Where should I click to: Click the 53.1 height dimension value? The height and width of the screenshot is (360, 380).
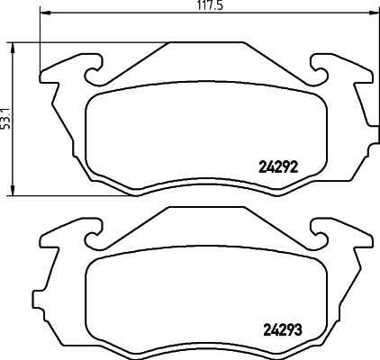[x=5, y=119]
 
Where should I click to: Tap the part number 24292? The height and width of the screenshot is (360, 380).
[x=278, y=167]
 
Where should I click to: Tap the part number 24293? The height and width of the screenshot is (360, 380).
[x=283, y=330]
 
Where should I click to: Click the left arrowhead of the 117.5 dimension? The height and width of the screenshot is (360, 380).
[x=45, y=13]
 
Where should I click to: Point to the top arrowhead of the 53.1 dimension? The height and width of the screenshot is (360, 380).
[x=13, y=48]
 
